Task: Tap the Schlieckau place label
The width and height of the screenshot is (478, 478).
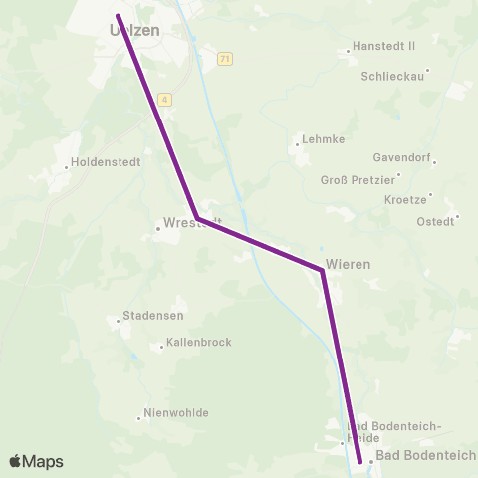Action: coord(393,75)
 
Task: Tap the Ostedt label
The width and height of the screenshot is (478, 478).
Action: coord(435,221)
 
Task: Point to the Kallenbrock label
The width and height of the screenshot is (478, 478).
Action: coord(200,342)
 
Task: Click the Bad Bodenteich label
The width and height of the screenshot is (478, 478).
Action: coord(426,456)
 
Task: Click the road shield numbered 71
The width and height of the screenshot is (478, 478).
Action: coord(226,59)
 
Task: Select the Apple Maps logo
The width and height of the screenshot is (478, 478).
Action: coord(36,461)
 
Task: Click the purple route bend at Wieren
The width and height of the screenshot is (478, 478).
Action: coord(322,270)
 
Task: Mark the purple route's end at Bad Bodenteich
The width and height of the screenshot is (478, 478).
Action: coord(359,461)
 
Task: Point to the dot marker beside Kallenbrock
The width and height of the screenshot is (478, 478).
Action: coord(161,348)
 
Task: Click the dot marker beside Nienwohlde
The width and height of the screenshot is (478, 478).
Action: coord(138,418)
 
